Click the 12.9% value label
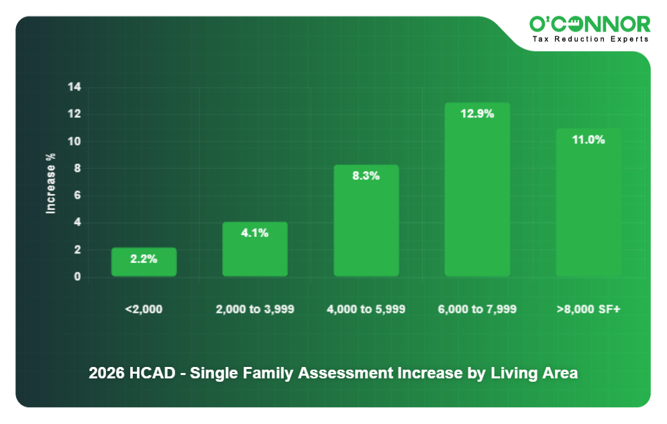(x=477, y=113)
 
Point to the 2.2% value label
(x=144, y=258)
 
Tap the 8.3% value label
(x=366, y=176)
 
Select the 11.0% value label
(x=588, y=140)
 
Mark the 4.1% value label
(x=255, y=233)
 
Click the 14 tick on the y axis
(x=74, y=87)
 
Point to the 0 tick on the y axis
(x=77, y=276)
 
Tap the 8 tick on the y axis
(x=77, y=168)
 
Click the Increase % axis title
(x=50, y=184)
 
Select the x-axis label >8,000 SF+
(x=588, y=309)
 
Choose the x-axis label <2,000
(x=144, y=309)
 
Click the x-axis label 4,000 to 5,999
(x=366, y=309)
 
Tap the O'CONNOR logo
(x=590, y=24)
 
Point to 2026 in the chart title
(x=105, y=373)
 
